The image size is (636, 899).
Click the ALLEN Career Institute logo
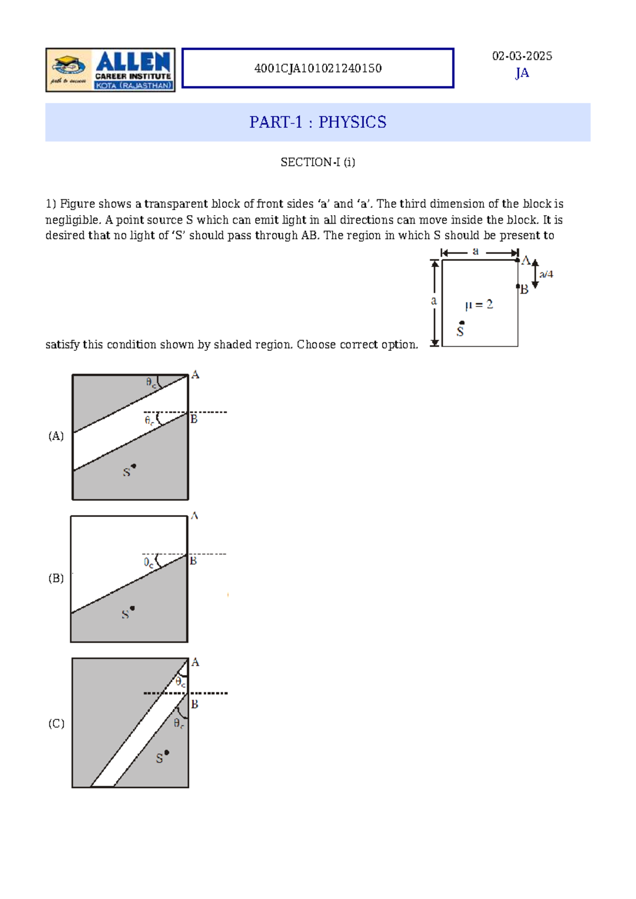tap(110, 70)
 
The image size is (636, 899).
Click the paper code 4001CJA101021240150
tap(318, 68)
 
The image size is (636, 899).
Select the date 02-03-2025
tap(522, 56)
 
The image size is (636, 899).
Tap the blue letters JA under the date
tap(522, 73)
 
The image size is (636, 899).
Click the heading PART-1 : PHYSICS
tap(318, 122)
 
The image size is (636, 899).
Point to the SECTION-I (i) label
tap(318, 162)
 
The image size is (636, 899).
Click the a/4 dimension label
tap(546, 274)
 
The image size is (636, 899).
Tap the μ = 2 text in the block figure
tap(479, 305)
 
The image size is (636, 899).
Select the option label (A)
tap(56, 436)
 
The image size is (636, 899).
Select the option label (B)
tap(56, 578)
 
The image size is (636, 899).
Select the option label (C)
tap(56, 724)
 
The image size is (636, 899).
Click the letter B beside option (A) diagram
tap(194, 419)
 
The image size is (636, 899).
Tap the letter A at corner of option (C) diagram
tap(195, 662)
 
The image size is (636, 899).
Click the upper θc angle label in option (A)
tap(152, 382)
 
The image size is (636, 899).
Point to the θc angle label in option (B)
tap(149, 563)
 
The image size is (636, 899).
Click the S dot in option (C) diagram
tap(166, 753)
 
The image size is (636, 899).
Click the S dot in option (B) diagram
tap(132, 609)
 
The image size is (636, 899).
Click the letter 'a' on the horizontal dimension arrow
tap(475, 251)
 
